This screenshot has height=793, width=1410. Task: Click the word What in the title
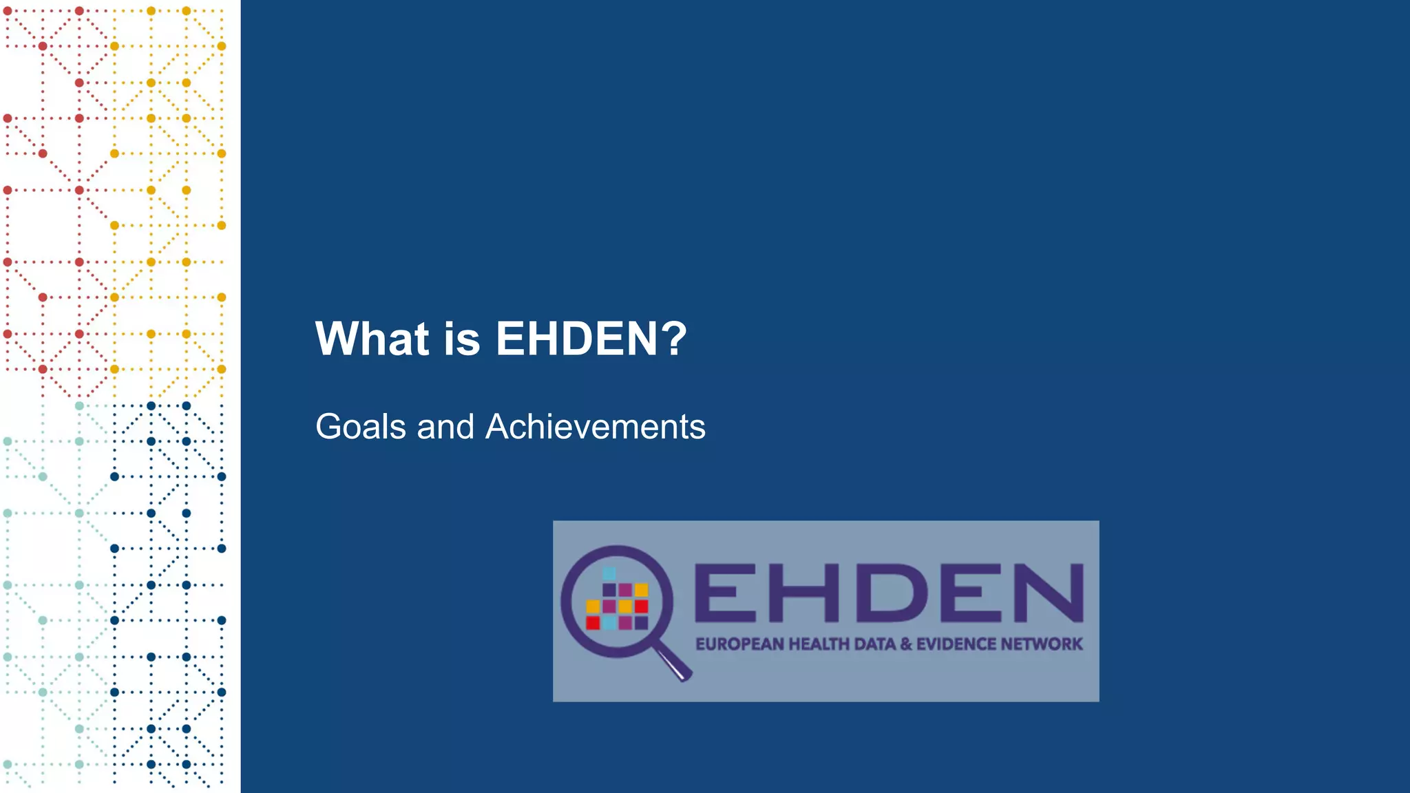point(372,339)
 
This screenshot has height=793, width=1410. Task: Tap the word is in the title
point(461,339)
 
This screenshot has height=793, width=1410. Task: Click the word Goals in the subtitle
point(361,427)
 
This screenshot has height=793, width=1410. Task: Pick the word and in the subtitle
point(445,427)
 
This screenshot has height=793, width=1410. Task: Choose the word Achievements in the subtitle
point(596,427)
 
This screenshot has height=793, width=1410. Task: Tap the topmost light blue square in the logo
point(609,573)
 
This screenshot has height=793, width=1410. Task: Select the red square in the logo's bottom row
point(593,623)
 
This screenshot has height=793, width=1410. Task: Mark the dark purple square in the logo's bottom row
point(641,623)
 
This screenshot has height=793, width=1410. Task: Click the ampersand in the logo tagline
point(906,644)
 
